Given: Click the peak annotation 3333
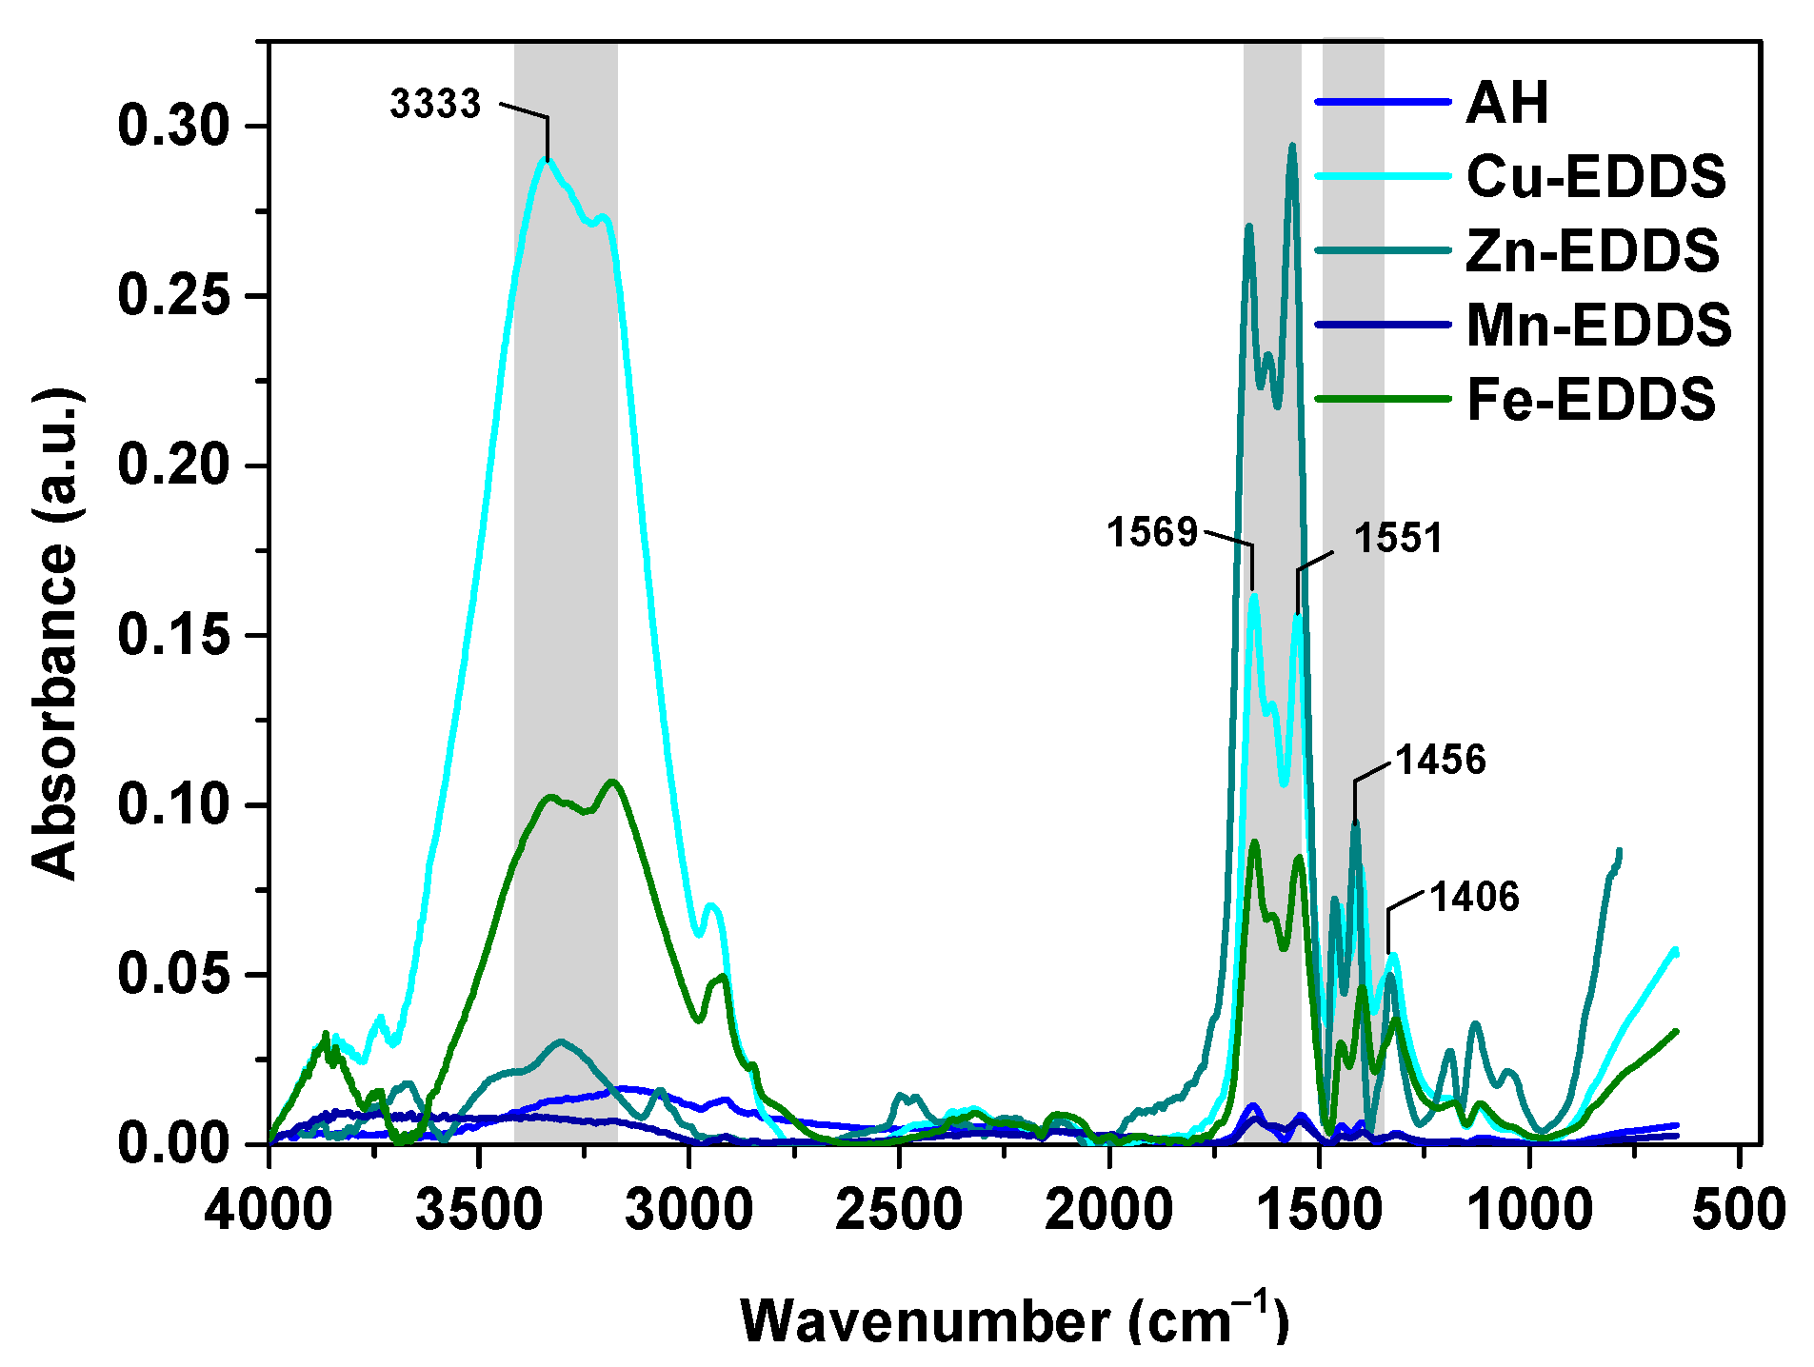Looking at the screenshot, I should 435,104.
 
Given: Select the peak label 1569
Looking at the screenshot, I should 1151,532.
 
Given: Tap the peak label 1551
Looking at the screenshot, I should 1398,539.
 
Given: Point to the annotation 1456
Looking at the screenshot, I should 1440,761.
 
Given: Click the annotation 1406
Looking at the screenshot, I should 1474,898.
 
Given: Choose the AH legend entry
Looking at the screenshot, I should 1507,103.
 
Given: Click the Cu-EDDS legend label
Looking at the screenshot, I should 1596,177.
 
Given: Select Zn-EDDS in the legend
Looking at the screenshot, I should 1592,251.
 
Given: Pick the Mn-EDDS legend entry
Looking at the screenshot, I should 1599,326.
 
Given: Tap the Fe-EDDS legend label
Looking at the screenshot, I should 1591,400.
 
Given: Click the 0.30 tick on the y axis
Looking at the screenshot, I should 174,127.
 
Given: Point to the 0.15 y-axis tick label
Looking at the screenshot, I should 174,636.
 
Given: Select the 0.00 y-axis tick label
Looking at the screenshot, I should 174,1143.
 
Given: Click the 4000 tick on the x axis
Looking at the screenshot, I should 269,1212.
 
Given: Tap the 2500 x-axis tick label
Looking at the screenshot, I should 899,1212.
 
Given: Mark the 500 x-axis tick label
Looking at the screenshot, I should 1739,1212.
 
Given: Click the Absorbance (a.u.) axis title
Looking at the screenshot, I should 55,634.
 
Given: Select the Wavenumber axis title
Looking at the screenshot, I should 1015,1321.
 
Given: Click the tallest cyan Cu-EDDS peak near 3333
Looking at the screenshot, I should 545,159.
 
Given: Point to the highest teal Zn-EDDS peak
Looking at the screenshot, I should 1292,146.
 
